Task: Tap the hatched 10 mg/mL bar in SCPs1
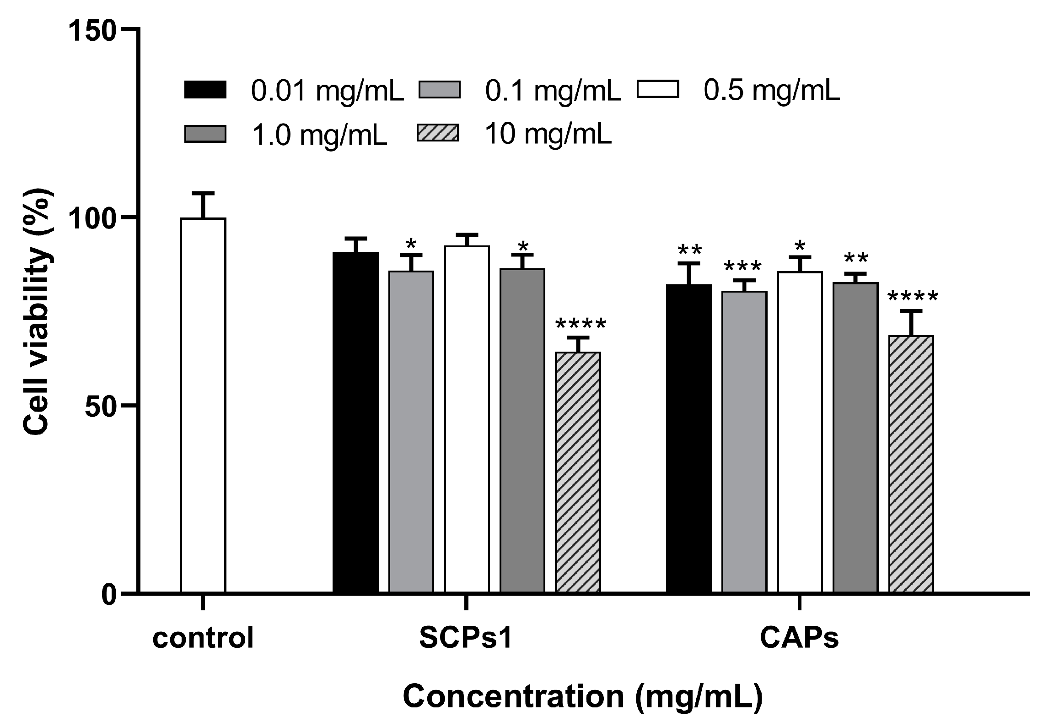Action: click(578, 472)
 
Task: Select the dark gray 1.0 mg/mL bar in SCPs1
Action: click(522, 430)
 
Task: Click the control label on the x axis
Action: click(203, 638)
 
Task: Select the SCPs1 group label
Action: click(465, 638)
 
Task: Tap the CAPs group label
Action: click(799, 638)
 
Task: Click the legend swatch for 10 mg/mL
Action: click(438, 134)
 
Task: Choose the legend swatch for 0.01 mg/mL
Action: click(205, 90)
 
